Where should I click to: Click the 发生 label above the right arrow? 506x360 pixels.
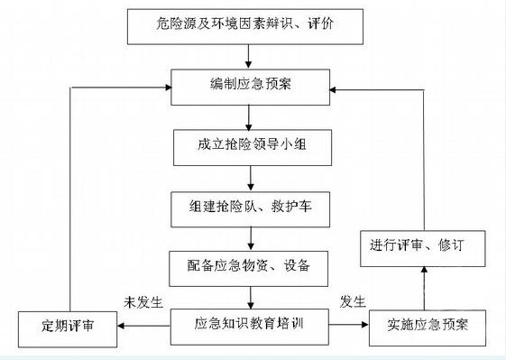pos(352,301)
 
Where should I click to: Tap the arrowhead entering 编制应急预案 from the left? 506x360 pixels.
pos(168,86)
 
